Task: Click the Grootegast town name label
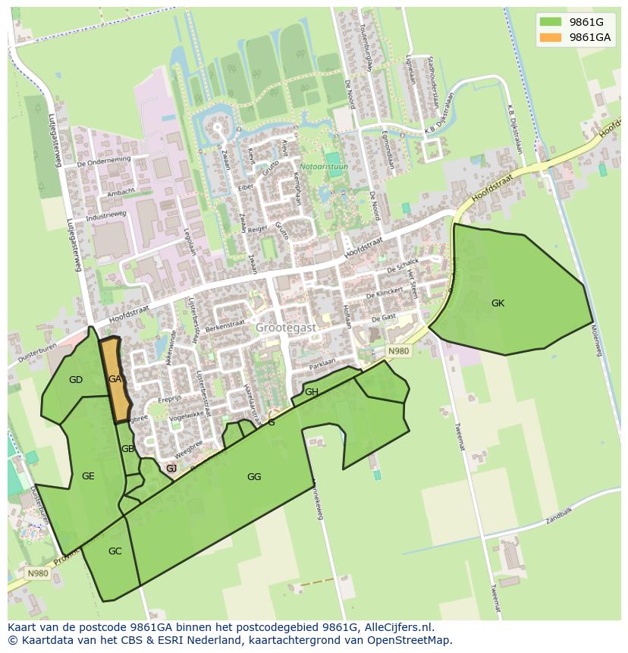point(285,328)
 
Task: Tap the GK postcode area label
point(498,303)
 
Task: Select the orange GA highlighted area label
point(115,379)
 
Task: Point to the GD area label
point(76,380)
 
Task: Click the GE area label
point(88,476)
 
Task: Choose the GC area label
point(115,551)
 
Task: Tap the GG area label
point(254,477)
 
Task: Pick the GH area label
point(312,392)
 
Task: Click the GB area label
point(127,449)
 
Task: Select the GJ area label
point(171,469)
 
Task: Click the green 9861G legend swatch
point(551,22)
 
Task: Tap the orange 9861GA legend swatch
point(551,37)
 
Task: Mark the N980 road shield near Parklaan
point(398,351)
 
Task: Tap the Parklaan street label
point(322,363)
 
